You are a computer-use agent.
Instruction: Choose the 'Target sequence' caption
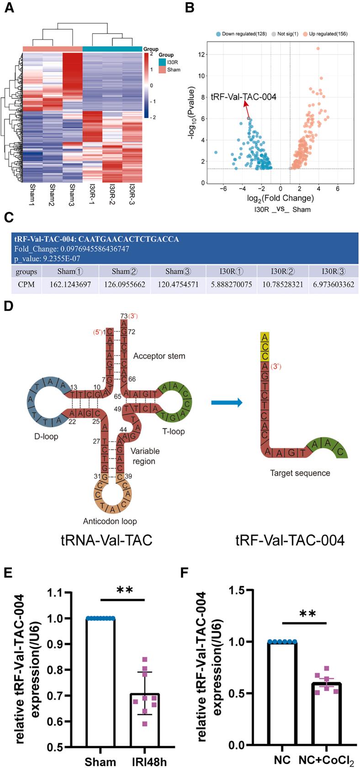[300, 473]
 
